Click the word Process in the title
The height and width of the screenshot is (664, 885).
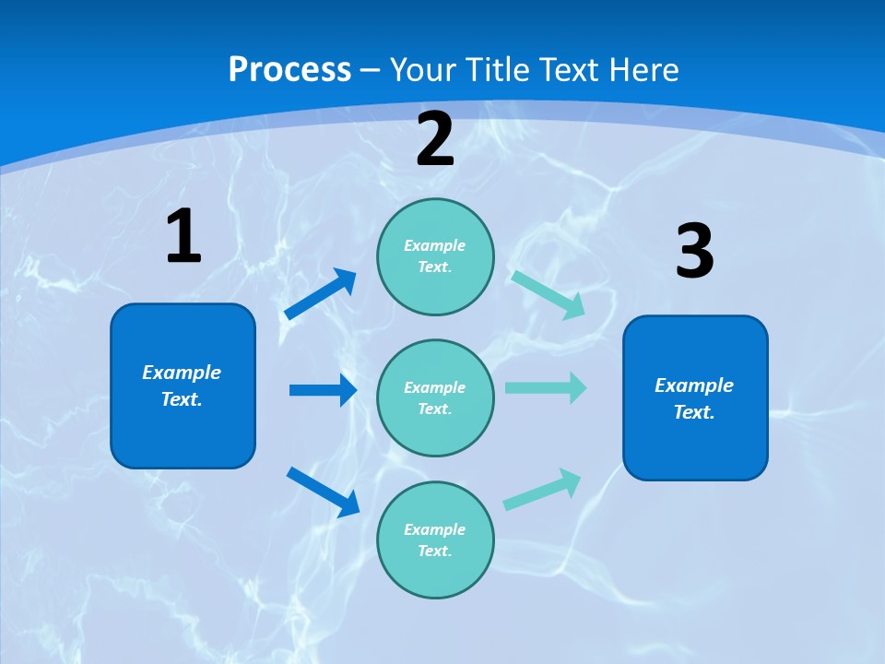289,69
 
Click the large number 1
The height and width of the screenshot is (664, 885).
183,237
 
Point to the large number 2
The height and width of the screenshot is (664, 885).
435,139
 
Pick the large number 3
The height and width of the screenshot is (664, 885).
694,252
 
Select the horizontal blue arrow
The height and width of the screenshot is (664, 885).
323,390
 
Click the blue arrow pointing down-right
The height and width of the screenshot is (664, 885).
323,492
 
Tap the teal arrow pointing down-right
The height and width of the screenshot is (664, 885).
549,294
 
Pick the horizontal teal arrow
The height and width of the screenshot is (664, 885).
546,387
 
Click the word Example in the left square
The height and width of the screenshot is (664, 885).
182,373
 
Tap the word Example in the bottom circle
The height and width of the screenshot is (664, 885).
435,529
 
